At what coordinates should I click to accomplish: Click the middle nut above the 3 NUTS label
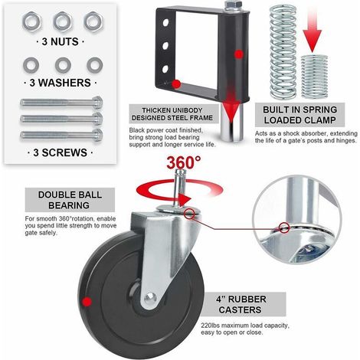coord(62,21)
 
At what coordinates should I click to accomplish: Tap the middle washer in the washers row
coord(63,65)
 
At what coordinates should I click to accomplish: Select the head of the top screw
coord(97,103)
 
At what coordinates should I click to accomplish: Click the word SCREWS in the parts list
coord(64,152)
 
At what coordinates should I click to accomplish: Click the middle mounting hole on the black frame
coord(165,46)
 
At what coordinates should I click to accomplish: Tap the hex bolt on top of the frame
coord(233,6)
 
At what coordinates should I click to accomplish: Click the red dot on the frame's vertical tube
coord(239,54)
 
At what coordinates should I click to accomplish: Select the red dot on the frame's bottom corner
coord(176,84)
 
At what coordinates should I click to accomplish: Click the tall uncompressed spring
coord(283,52)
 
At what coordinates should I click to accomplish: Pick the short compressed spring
coord(314,77)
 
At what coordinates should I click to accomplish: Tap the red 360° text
coord(184,162)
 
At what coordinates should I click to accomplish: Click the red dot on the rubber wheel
coord(87,302)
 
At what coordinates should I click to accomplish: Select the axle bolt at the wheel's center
coord(149,297)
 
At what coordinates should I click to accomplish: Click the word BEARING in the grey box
coord(69,205)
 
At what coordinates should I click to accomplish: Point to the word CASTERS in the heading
coord(240,309)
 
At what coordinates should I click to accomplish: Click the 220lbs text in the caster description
coord(210,326)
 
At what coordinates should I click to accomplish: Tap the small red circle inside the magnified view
coord(284,227)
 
